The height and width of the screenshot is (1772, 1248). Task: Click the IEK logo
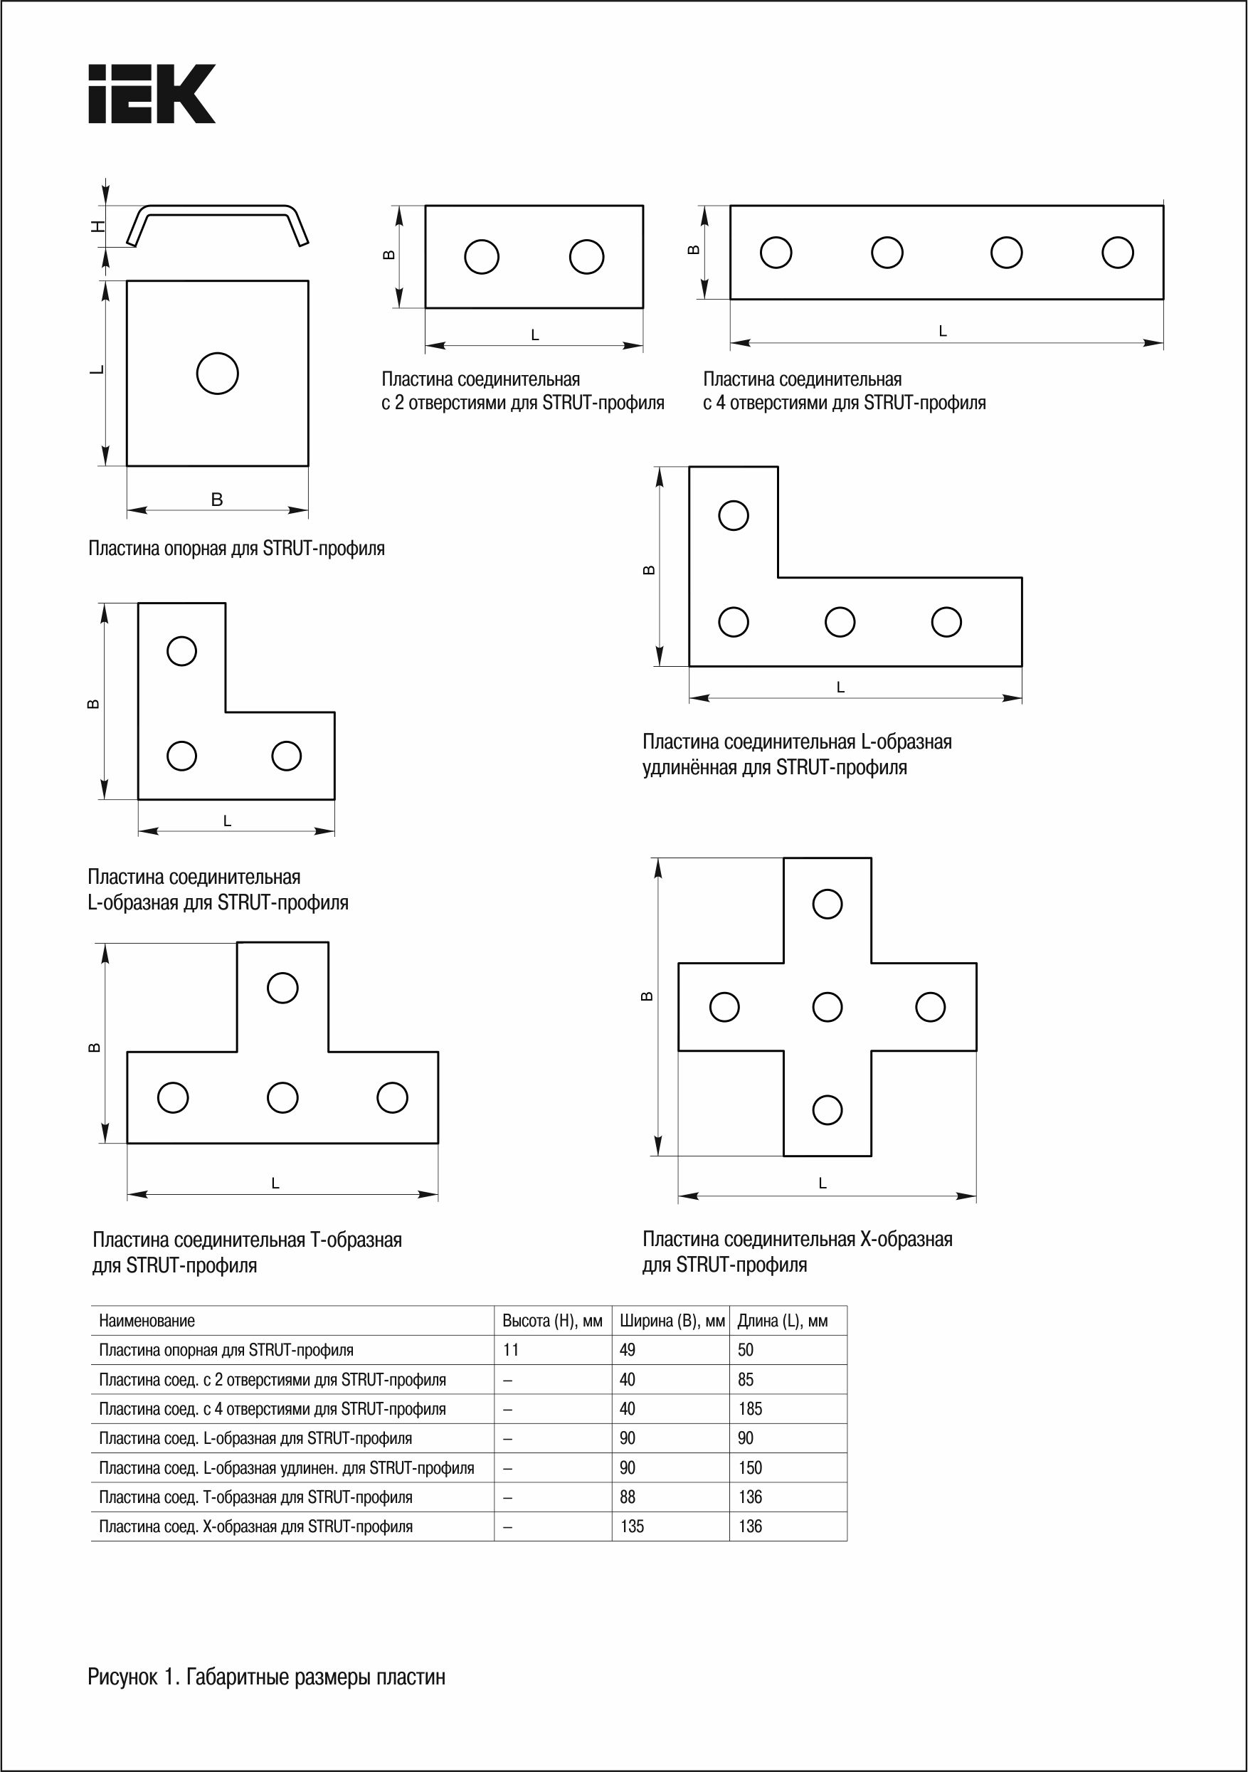click(152, 93)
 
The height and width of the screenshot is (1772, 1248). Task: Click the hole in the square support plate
click(218, 374)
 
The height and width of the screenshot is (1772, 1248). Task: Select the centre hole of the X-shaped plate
click(827, 1006)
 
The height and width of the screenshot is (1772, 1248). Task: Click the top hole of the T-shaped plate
click(282, 988)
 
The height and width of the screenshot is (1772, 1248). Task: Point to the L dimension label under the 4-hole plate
click(942, 331)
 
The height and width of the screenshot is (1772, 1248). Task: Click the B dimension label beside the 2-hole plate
click(390, 255)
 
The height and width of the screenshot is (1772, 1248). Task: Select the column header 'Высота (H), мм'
click(552, 1321)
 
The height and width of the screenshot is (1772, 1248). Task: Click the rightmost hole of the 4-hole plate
click(1118, 253)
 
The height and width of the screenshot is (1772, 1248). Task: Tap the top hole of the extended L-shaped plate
click(733, 515)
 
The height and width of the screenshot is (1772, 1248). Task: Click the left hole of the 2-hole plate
click(482, 256)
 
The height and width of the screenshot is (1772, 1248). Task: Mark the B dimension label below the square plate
click(217, 500)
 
